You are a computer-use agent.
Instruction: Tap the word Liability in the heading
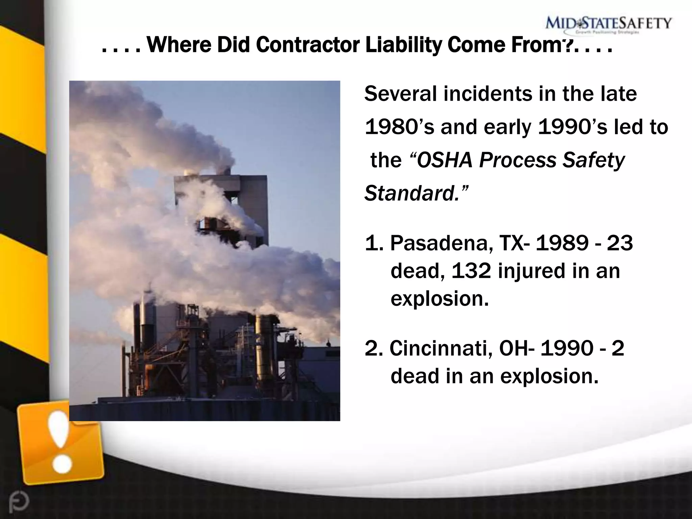tap(403, 45)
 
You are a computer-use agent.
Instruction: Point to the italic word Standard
tap(412, 194)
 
